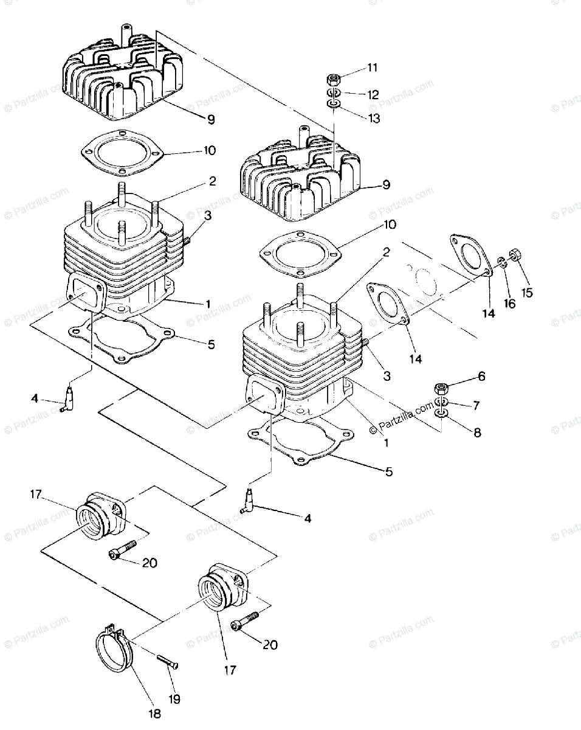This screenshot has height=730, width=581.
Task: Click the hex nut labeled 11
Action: click(x=333, y=78)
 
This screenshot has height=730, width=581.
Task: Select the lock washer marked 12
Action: click(x=334, y=93)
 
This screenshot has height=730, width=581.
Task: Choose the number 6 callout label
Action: click(x=481, y=377)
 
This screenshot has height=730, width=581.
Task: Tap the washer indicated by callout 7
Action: click(x=442, y=403)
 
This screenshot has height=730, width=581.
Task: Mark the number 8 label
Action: click(x=476, y=433)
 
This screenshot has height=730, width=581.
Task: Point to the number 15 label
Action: click(x=527, y=293)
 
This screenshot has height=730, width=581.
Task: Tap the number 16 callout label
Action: click(x=509, y=304)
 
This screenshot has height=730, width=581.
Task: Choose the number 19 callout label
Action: click(x=174, y=699)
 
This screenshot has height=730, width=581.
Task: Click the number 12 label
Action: click(x=373, y=95)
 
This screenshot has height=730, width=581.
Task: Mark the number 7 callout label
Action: click(x=476, y=405)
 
